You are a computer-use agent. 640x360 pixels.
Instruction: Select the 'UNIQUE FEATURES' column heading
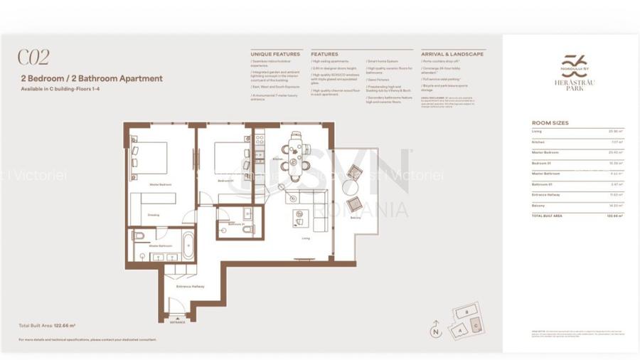(x=275, y=54)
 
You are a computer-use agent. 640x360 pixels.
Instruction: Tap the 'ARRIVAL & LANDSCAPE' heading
(x=452, y=54)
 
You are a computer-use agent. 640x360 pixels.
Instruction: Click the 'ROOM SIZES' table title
(x=550, y=123)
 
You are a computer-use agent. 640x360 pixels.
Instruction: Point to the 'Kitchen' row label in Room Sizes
(x=538, y=142)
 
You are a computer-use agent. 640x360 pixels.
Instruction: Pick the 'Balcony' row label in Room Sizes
(x=538, y=205)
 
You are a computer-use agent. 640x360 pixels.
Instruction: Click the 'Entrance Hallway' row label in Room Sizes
(x=546, y=194)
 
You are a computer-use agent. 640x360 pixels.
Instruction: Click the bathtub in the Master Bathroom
(x=188, y=246)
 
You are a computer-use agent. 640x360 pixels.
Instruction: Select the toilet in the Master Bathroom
(x=139, y=235)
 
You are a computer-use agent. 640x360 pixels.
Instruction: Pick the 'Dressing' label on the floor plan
(x=154, y=214)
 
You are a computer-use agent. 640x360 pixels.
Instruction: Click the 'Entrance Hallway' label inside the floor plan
(x=190, y=287)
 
